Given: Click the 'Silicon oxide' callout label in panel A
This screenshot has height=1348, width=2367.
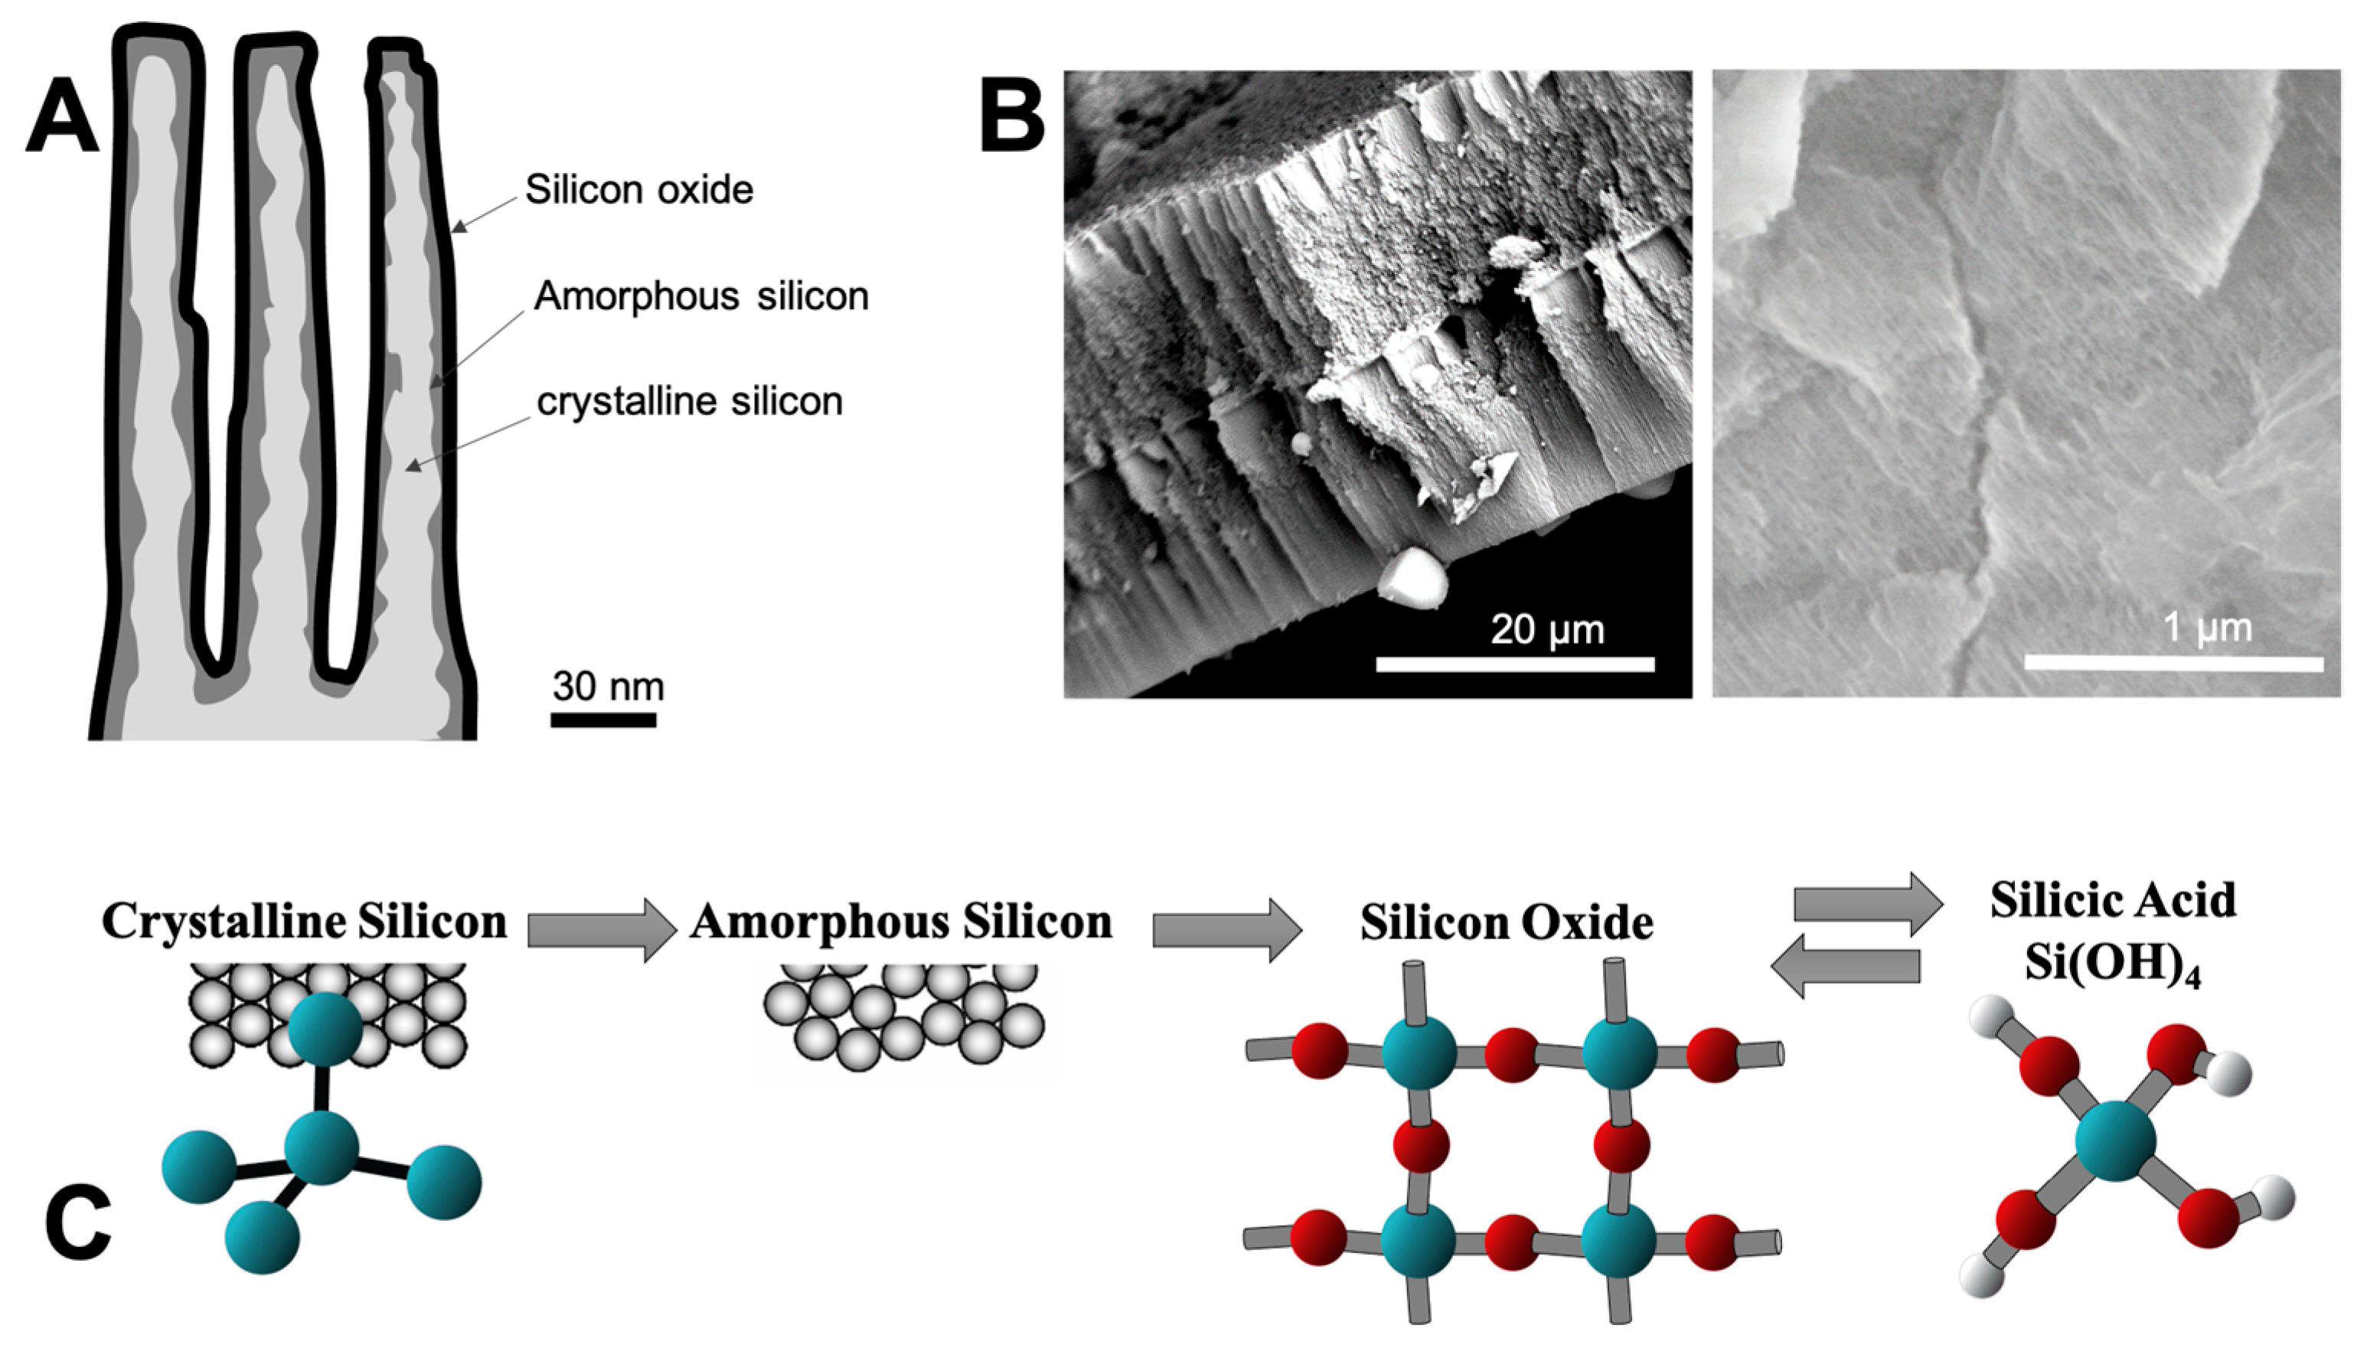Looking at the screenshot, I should click(x=638, y=190).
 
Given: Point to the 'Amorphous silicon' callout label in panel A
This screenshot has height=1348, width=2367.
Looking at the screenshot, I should click(x=700, y=296).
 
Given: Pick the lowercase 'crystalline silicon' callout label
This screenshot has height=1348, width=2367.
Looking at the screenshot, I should click(x=690, y=402).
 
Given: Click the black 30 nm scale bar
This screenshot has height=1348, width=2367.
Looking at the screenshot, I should click(x=602, y=720).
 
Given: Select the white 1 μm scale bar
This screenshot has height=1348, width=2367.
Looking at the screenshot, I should click(x=2173, y=663).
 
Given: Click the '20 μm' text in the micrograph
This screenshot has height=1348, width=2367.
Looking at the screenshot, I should click(x=1547, y=629).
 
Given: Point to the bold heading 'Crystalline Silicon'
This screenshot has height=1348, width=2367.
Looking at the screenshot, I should click(x=305, y=921).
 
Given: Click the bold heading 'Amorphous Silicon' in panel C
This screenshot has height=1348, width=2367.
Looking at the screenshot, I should click(x=901, y=921).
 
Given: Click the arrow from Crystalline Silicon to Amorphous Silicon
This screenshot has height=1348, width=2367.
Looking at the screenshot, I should click(x=602, y=929).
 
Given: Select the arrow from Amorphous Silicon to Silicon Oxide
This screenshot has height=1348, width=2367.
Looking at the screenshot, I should click(x=1226, y=929).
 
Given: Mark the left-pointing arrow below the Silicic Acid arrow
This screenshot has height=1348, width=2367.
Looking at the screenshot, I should click(x=1845, y=965).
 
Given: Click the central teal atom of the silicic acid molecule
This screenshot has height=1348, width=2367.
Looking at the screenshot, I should click(x=2115, y=1141).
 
